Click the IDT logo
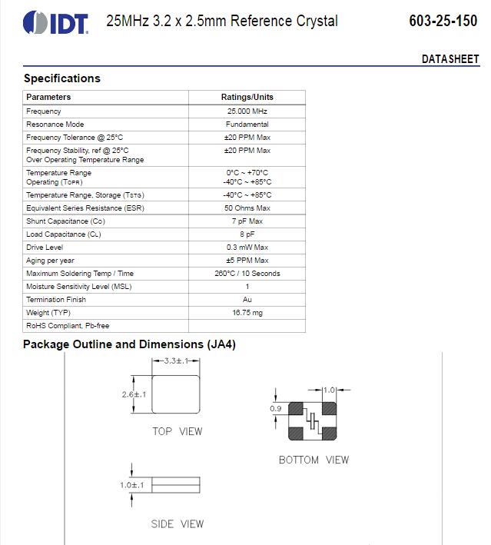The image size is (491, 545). [55, 22]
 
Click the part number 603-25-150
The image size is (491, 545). [443, 21]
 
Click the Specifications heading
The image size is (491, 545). [61, 78]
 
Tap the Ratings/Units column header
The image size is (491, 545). [247, 97]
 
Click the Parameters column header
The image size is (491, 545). [48, 97]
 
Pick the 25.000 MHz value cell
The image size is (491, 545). [247, 111]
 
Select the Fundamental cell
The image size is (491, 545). [247, 125]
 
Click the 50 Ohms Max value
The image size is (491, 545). [247, 208]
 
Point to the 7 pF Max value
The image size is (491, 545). [247, 221]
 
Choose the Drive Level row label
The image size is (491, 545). [45, 248]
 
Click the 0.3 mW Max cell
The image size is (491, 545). [247, 248]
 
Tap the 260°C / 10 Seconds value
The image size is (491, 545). [247, 274]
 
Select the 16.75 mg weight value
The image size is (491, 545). [247, 313]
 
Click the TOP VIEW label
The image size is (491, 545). [177, 431]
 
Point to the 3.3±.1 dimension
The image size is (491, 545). [175, 361]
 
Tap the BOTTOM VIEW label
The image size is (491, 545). [314, 460]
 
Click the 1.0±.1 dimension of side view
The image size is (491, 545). [132, 485]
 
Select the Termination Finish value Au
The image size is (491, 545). [247, 300]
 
